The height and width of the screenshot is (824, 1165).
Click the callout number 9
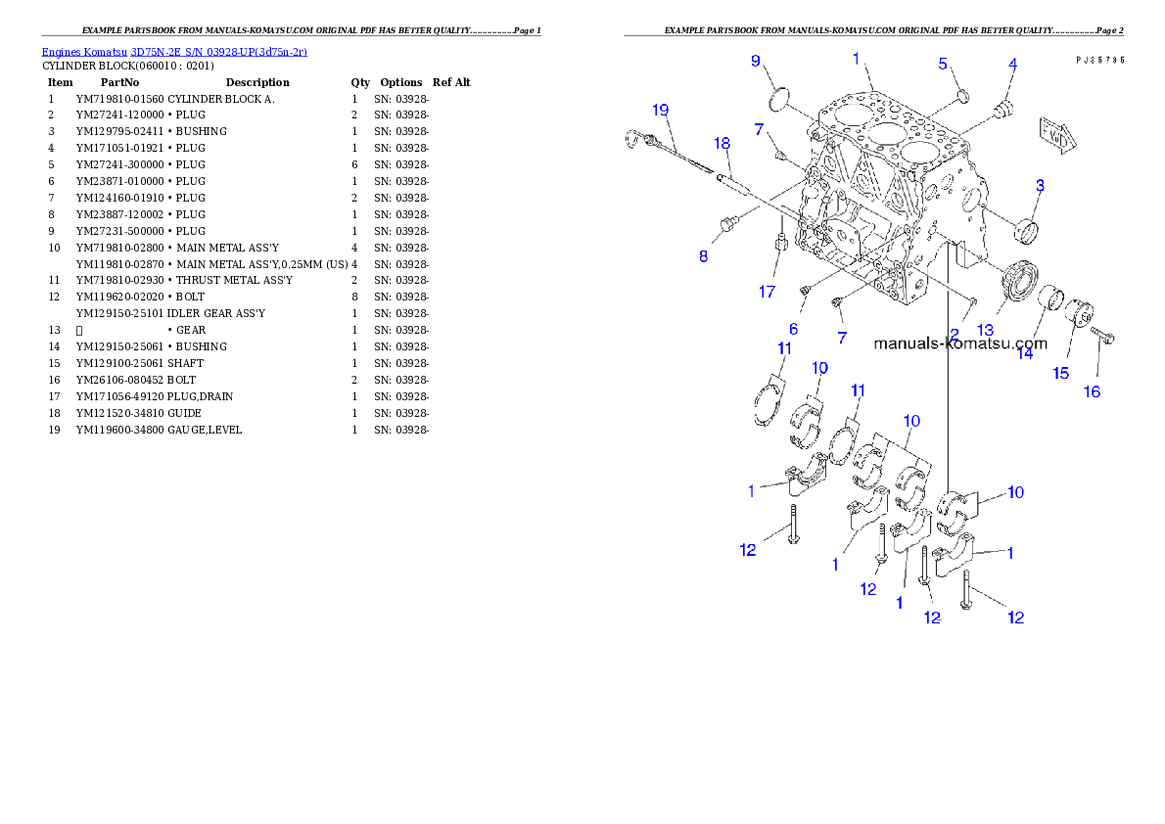(755, 61)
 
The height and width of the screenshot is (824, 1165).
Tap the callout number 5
(944, 64)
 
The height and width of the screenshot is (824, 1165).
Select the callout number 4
(1012, 64)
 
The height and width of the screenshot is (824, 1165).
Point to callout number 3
(1040, 185)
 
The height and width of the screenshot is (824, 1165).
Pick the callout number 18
(722, 143)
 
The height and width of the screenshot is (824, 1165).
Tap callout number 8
(703, 256)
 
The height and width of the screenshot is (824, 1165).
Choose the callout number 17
(768, 292)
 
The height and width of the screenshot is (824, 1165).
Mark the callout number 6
(794, 329)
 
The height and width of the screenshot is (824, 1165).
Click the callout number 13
(985, 330)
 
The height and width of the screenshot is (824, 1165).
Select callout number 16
(1091, 391)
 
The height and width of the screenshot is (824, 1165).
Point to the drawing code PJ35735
(1098, 60)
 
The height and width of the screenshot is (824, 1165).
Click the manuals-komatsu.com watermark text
(959, 343)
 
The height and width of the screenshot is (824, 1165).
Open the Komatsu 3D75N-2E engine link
(174, 51)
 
